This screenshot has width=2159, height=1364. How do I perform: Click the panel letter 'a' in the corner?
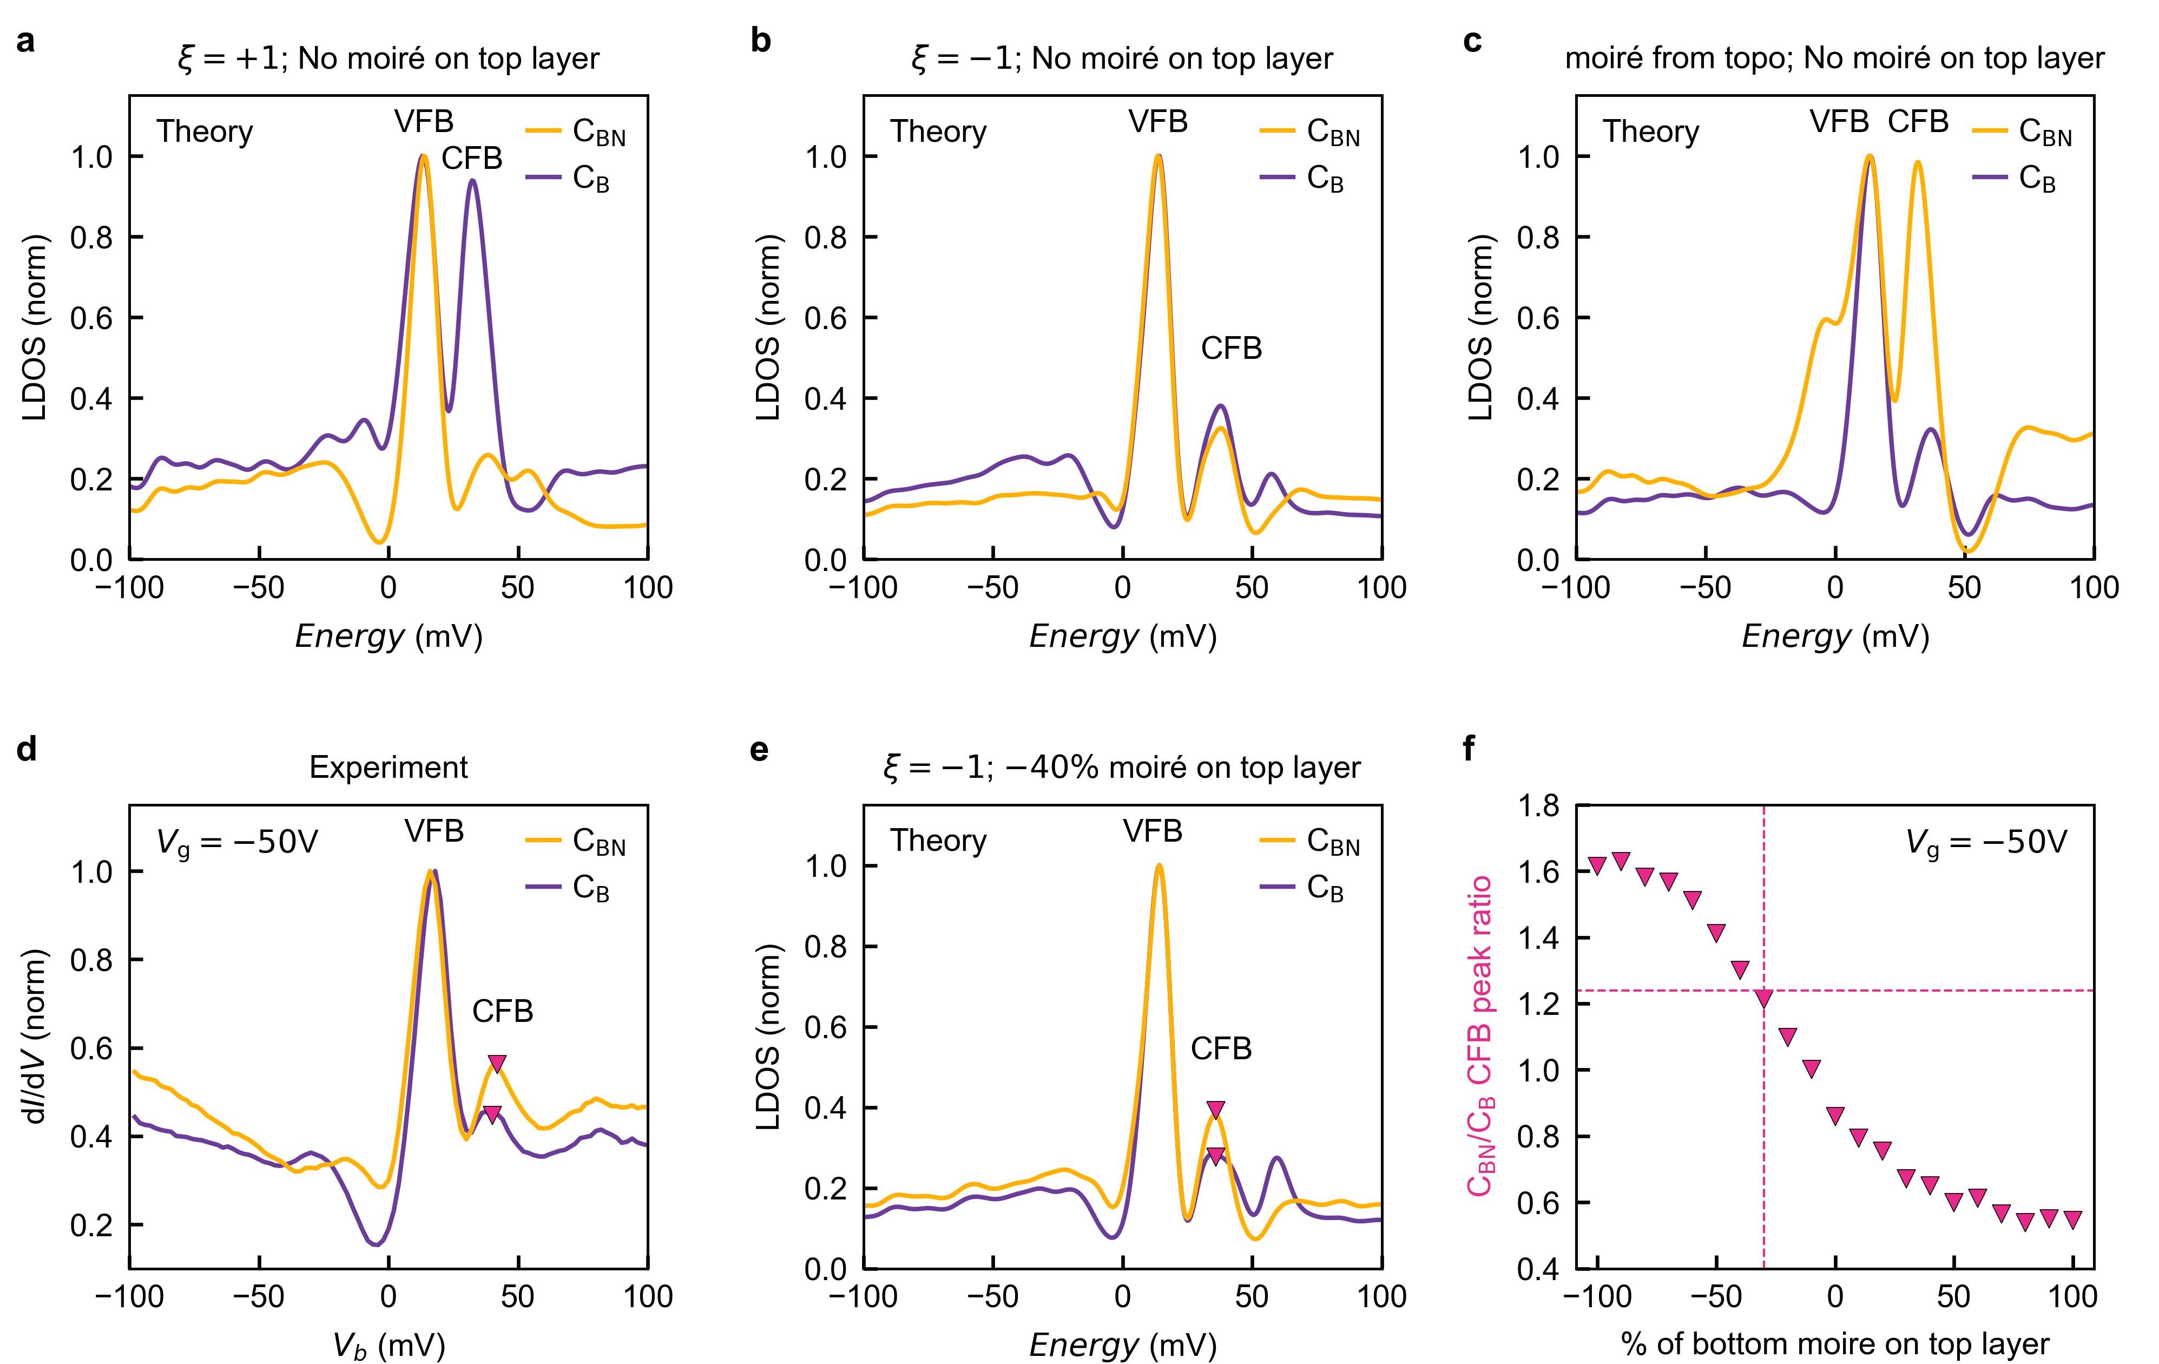click(26, 42)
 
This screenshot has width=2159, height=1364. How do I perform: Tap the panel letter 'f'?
click(1469, 749)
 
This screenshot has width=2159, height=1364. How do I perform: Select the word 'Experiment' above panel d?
click(388, 768)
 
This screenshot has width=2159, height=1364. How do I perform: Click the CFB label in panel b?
click(1231, 348)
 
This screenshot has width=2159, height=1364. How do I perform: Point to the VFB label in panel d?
click(434, 831)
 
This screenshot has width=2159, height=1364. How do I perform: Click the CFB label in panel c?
click(1918, 121)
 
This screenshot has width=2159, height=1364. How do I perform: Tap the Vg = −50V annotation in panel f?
click(1986, 842)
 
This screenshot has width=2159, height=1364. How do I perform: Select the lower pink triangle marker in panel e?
click(1215, 1157)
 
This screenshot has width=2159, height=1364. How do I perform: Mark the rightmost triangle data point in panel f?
click(2072, 1219)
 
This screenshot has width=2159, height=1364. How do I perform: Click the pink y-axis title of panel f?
click(1480, 1036)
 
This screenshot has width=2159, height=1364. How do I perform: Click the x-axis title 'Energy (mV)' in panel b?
click(1123, 637)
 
